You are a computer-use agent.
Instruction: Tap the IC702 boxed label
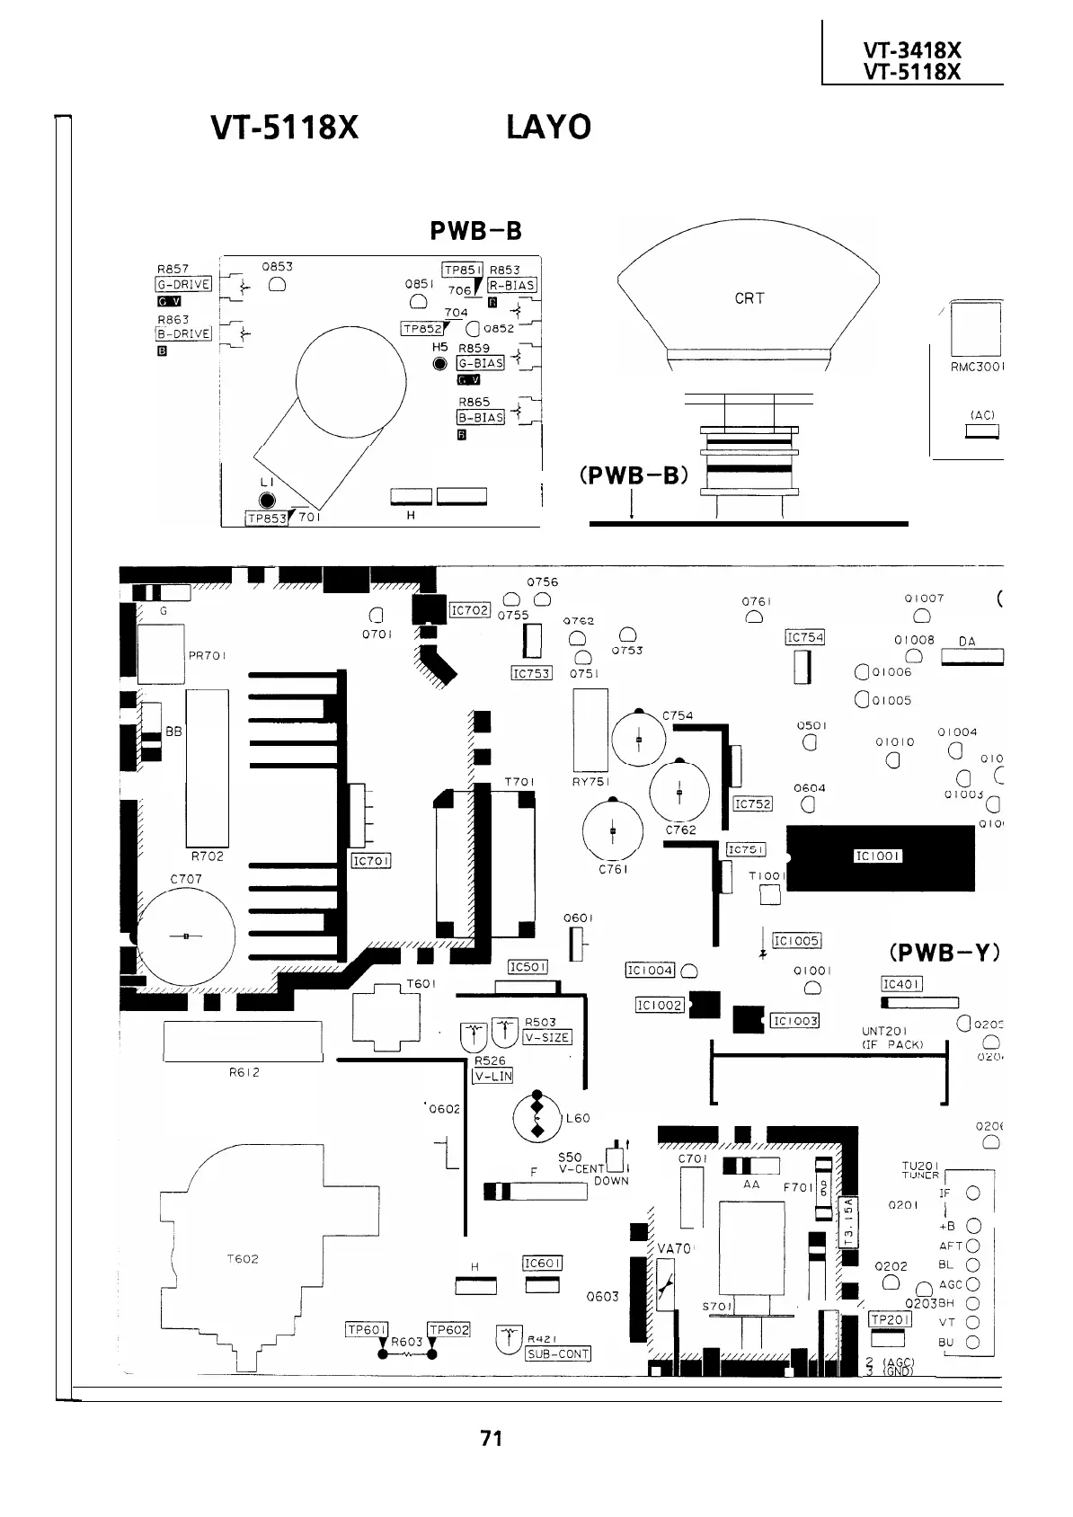tap(469, 611)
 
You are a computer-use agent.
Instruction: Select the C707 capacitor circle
tap(186, 936)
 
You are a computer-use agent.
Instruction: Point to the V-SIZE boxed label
tap(546, 1037)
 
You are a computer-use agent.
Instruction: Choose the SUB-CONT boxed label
tap(557, 1354)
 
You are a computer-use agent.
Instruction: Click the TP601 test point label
tap(367, 1330)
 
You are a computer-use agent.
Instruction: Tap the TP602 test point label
tap(448, 1330)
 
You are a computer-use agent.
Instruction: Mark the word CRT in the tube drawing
tap(749, 298)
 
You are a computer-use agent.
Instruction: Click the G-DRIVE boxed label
tap(183, 285)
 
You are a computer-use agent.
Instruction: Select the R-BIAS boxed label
tap(512, 285)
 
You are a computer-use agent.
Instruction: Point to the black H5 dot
tap(439, 364)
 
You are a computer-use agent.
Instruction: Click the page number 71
tap(491, 1438)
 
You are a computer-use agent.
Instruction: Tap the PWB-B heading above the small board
tap(475, 231)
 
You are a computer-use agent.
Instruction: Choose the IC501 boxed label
tap(528, 967)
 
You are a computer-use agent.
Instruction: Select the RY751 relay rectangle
tap(590, 730)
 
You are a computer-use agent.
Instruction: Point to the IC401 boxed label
tap(901, 984)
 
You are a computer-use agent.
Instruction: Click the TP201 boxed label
tap(890, 1319)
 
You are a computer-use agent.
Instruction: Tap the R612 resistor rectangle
tap(243, 1042)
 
